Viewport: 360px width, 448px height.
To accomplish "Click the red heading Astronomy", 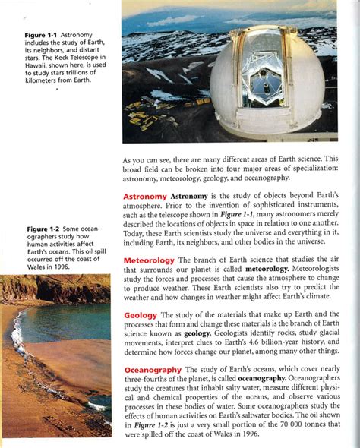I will (144, 197).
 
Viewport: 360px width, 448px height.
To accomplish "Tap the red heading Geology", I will (140, 314).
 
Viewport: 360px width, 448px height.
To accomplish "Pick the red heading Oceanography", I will (152, 369).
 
